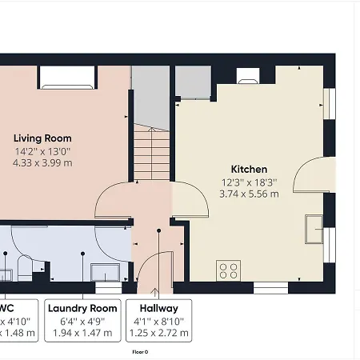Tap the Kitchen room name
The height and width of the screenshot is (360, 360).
(x=249, y=169)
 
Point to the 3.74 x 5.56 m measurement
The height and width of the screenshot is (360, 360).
(x=249, y=194)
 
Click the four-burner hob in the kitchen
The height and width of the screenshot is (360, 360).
(x=229, y=270)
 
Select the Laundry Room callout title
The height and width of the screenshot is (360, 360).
(x=82, y=308)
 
